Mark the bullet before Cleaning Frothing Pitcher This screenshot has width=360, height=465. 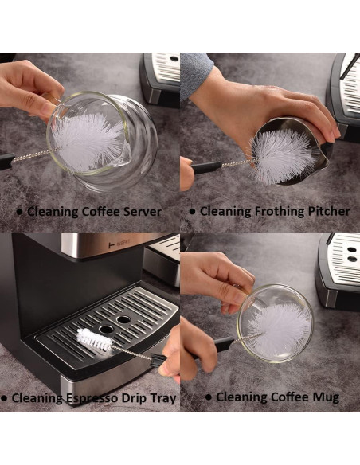(x=192, y=212)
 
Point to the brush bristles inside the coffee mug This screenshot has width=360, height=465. (x=276, y=322)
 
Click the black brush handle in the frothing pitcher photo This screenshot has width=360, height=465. (x=205, y=166)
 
